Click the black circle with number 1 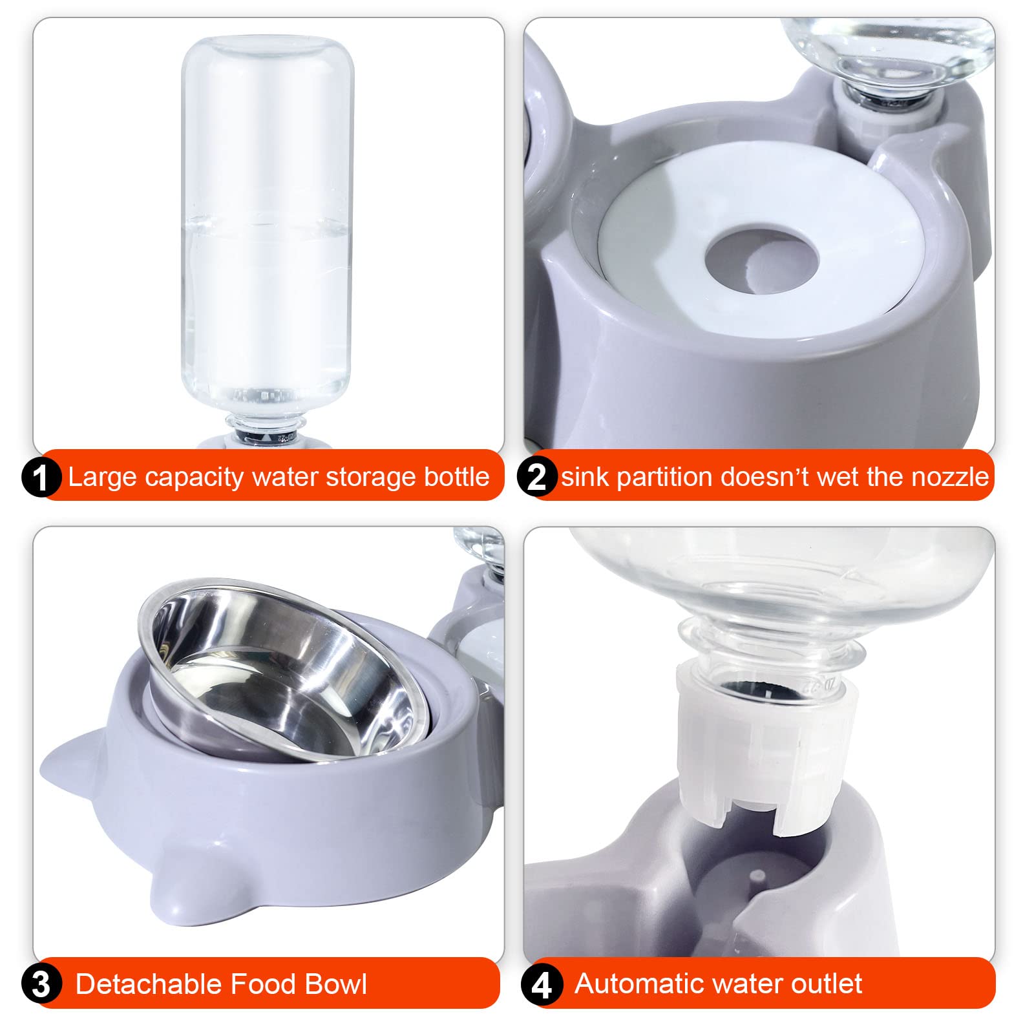[41, 478]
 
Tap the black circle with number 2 [537, 477]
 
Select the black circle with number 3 [41, 984]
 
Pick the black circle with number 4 [542, 985]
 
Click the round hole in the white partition [761, 261]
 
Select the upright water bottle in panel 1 [267, 239]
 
